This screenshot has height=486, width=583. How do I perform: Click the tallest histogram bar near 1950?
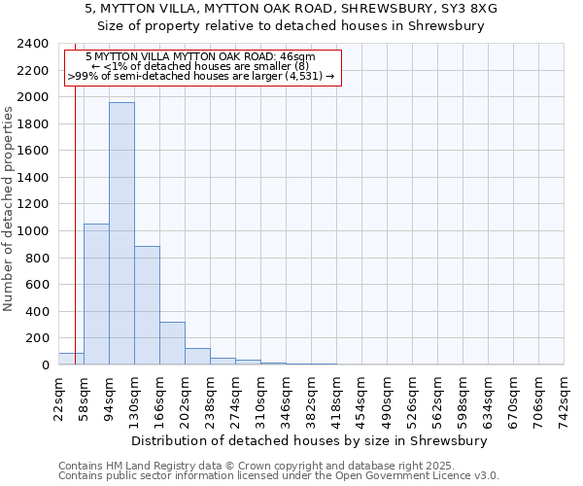[121, 233]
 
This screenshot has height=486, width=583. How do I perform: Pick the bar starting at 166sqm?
[172, 343]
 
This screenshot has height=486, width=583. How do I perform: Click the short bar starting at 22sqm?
[71, 359]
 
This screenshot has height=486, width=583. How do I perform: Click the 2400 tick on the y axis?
[34, 45]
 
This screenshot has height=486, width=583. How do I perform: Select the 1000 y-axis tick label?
[34, 231]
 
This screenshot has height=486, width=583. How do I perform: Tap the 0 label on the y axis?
[45, 365]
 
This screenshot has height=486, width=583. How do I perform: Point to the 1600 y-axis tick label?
[34, 152]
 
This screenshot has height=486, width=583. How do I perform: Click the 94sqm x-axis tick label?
[109, 396]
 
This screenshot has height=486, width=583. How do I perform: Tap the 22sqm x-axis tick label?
[58, 396]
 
